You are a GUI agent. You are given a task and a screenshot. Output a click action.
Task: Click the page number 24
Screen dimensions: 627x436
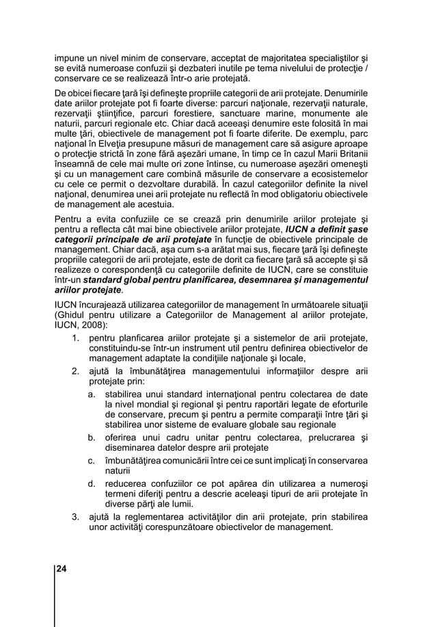(x=62, y=568)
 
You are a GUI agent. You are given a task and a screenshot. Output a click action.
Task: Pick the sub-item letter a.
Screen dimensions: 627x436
(x=91, y=395)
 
